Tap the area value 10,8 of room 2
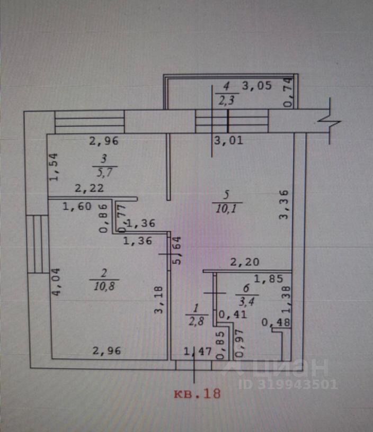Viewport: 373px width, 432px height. [103, 286]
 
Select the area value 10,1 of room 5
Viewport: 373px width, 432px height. [229, 209]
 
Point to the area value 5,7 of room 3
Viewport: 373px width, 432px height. [104, 172]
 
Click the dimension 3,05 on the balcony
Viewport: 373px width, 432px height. [257, 85]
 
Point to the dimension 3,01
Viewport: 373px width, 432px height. [228, 140]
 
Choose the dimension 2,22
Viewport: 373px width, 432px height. [89, 188]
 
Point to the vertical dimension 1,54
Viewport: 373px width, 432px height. [53, 167]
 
